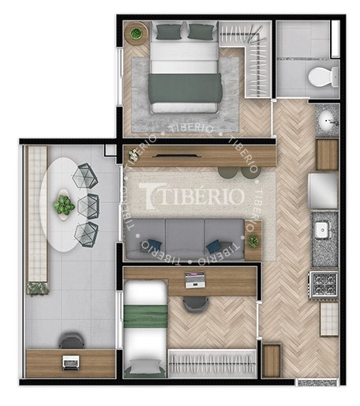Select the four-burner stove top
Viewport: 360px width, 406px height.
click(324, 285)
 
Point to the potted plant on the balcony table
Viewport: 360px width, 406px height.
click(64, 205)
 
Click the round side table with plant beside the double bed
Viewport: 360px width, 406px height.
click(136, 34)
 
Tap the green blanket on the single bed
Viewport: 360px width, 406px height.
click(145, 316)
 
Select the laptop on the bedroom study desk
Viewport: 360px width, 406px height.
click(195, 280)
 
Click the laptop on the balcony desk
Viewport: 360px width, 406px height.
click(70, 363)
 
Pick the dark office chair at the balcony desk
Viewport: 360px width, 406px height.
click(72, 340)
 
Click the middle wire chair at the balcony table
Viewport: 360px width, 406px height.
click(88, 206)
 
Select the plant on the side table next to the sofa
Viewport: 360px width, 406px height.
click(253, 241)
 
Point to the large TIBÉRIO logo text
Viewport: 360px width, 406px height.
click(192, 196)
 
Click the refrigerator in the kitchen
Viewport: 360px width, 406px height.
click(324, 191)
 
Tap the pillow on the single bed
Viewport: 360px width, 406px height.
click(144, 367)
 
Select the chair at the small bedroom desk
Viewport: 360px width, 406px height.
click(196, 304)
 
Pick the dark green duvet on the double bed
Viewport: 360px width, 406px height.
click(185, 88)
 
